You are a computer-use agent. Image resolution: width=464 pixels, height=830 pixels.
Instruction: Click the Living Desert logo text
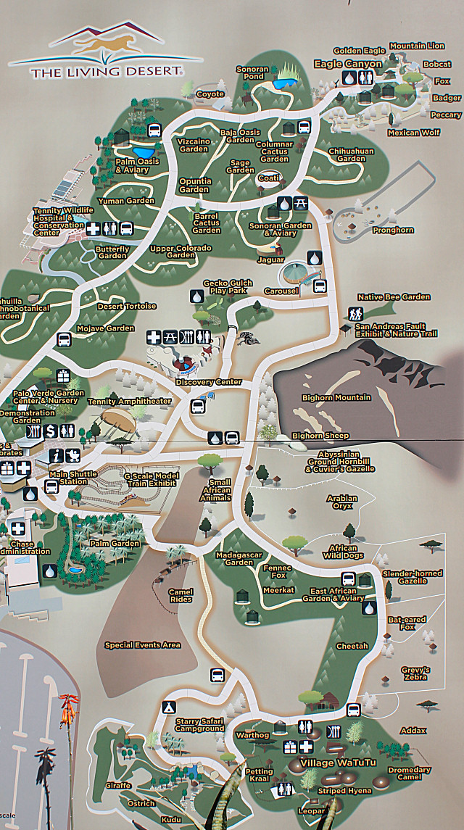tap(106, 72)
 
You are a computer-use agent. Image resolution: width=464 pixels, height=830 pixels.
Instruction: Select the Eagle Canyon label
tap(347, 65)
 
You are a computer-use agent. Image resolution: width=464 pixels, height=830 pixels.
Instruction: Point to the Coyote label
tap(210, 94)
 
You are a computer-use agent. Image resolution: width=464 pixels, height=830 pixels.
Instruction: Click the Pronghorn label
tap(393, 230)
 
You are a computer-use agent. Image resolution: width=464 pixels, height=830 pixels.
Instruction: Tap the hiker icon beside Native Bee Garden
tap(355, 313)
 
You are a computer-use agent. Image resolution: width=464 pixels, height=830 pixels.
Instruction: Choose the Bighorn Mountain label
tap(336, 397)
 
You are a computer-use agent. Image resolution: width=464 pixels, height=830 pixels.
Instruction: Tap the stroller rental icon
tap(74, 455)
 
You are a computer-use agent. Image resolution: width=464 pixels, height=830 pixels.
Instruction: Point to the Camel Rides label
tap(181, 596)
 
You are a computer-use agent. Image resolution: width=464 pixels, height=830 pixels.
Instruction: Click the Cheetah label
tap(352, 646)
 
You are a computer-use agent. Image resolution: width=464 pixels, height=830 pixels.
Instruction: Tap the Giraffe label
tap(117, 785)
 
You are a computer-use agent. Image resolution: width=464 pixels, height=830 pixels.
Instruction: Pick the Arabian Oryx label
tap(342, 503)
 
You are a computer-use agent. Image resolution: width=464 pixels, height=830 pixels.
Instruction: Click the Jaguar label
tap(270, 260)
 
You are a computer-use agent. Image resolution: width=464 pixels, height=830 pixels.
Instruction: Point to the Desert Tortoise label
tap(127, 306)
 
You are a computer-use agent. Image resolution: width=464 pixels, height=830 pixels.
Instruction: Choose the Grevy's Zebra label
tap(415, 674)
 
